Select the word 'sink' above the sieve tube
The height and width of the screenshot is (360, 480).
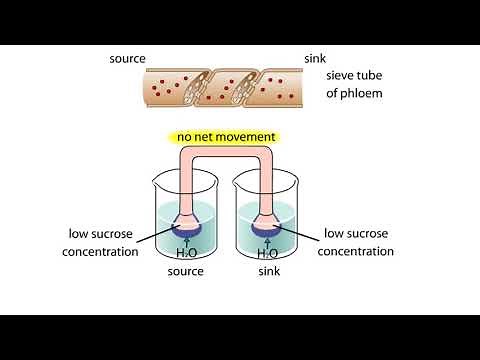[315, 59]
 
